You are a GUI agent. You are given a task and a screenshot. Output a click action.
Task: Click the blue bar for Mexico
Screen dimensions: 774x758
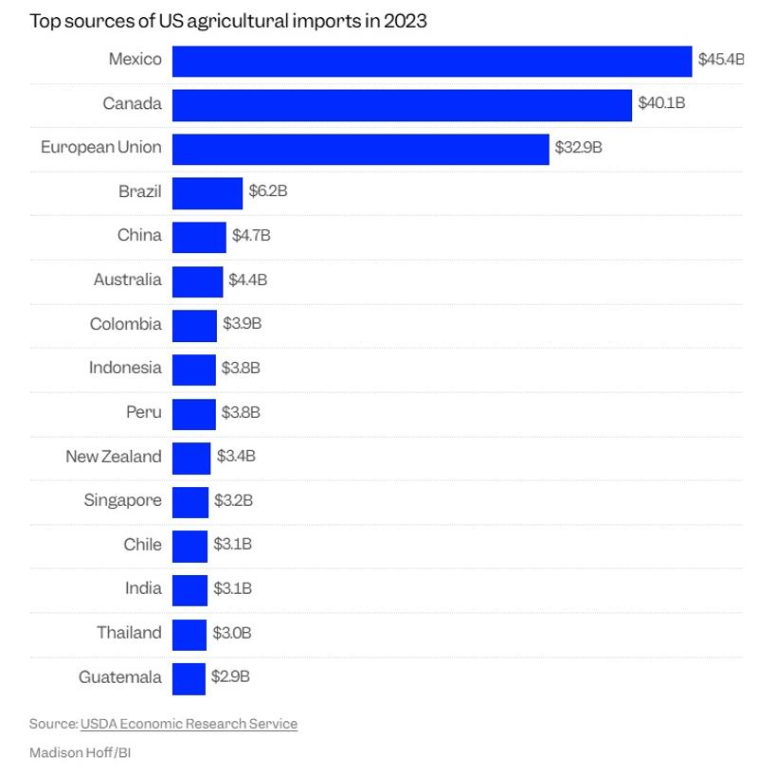point(431,61)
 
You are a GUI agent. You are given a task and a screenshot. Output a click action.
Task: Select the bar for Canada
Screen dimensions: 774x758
point(402,105)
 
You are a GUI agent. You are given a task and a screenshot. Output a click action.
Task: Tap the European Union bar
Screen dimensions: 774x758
point(360,149)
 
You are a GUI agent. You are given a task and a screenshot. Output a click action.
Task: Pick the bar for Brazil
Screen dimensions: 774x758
point(207,193)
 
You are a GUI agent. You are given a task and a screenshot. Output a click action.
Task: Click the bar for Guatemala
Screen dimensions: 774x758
point(189,678)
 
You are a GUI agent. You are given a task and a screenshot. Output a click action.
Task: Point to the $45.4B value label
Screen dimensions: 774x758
point(720,60)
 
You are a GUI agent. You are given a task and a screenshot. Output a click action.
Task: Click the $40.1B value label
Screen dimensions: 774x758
point(661,103)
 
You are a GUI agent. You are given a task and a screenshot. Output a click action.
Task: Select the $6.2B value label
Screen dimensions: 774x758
point(267,191)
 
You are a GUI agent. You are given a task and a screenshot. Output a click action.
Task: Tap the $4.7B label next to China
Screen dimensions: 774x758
point(251,236)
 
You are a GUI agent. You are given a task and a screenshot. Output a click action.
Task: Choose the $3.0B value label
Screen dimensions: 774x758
point(231,633)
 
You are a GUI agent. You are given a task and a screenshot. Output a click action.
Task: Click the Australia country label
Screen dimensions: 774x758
point(127,279)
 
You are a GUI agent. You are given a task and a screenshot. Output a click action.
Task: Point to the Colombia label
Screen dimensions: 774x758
point(125,324)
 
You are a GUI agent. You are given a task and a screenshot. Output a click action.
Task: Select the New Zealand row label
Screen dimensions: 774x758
point(113,457)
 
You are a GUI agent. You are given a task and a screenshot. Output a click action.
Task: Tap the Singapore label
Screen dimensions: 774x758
point(122,500)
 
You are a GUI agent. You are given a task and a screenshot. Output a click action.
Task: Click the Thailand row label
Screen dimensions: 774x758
point(129,633)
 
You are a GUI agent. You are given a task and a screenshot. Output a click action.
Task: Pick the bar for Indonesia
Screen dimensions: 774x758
point(193,369)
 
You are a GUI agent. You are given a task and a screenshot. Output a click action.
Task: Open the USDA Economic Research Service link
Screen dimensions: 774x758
point(189,724)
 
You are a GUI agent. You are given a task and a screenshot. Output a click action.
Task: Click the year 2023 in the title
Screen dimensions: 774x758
point(405,21)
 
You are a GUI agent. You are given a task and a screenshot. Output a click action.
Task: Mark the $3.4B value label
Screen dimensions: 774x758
point(236,457)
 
